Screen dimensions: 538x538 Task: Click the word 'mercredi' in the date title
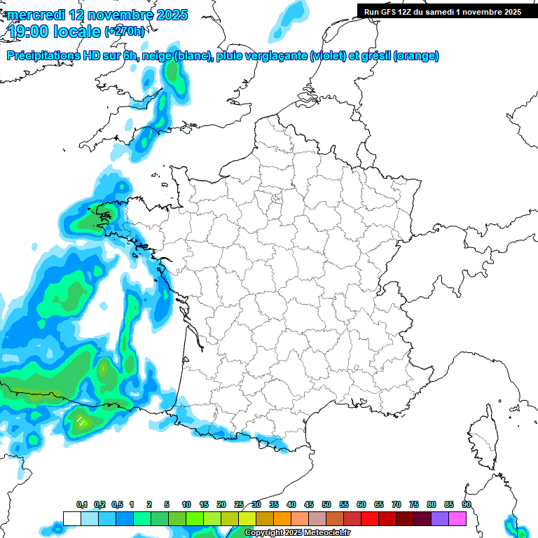pyautogui.click(x=36, y=15)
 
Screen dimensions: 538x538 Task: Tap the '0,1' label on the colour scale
pyautogui.click(x=81, y=505)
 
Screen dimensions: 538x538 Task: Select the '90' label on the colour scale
pyautogui.click(x=467, y=505)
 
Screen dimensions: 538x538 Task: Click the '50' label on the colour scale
pyautogui.click(x=326, y=505)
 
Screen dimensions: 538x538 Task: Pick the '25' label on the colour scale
pyautogui.click(x=239, y=505)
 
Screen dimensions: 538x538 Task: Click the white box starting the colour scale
pyautogui.click(x=71, y=518)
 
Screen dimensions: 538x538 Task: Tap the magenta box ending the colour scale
pyautogui.click(x=457, y=518)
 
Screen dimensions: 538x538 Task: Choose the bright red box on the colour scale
pyautogui.click(x=370, y=518)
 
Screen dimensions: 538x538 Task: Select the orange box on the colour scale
pyautogui.click(x=282, y=518)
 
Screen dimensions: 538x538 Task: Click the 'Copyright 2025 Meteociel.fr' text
pyautogui.click(x=297, y=533)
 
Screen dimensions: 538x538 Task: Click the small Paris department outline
pyautogui.click(x=276, y=199)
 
